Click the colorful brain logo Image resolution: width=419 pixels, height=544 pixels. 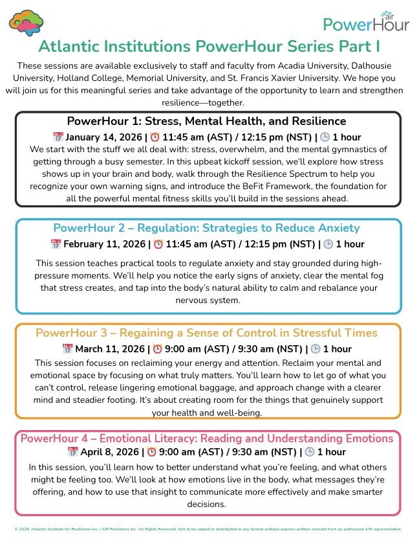tap(27, 23)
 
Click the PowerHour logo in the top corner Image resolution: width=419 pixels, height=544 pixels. tap(366, 22)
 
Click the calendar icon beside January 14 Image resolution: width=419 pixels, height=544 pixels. tap(58, 137)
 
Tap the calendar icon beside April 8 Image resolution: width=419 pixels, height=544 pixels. tap(72, 452)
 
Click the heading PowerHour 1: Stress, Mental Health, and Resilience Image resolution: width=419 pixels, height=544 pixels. tap(206, 122)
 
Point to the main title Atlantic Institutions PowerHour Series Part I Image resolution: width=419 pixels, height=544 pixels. tap(209, 47)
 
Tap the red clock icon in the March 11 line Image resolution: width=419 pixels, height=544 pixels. tap(157, 349)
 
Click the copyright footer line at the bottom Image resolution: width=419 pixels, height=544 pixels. tap(209, 529)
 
